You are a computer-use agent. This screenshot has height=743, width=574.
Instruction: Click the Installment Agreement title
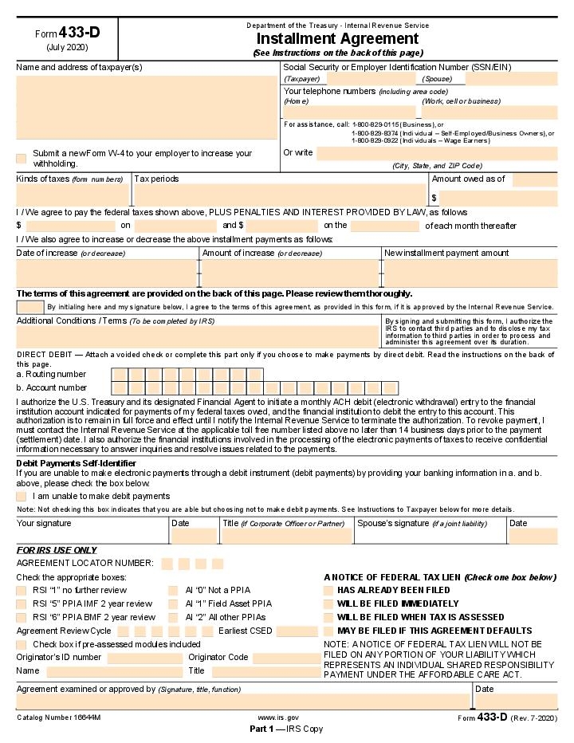[337, 38]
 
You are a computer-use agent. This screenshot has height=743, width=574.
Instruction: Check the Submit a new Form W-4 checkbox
[22, 158]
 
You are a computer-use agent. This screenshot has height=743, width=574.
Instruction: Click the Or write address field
[436, 153]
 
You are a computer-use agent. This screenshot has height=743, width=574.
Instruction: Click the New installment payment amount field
[469, 272]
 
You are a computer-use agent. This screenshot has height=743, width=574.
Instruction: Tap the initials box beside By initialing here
[30, 307]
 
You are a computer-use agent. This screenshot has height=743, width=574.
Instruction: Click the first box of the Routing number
[119, 374]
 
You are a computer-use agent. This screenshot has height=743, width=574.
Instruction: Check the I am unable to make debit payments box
[22, 496]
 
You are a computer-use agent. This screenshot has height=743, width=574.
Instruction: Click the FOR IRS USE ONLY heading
[57, 550]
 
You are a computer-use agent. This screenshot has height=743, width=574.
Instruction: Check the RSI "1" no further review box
[22, 590]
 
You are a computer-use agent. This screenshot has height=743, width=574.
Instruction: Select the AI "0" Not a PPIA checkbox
[173, 590]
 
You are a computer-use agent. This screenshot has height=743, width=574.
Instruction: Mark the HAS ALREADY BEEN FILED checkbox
[328, 590]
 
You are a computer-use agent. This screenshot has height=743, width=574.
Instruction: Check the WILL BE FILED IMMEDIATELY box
[328, 603]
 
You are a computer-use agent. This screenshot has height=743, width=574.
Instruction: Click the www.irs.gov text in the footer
[278, 717]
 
